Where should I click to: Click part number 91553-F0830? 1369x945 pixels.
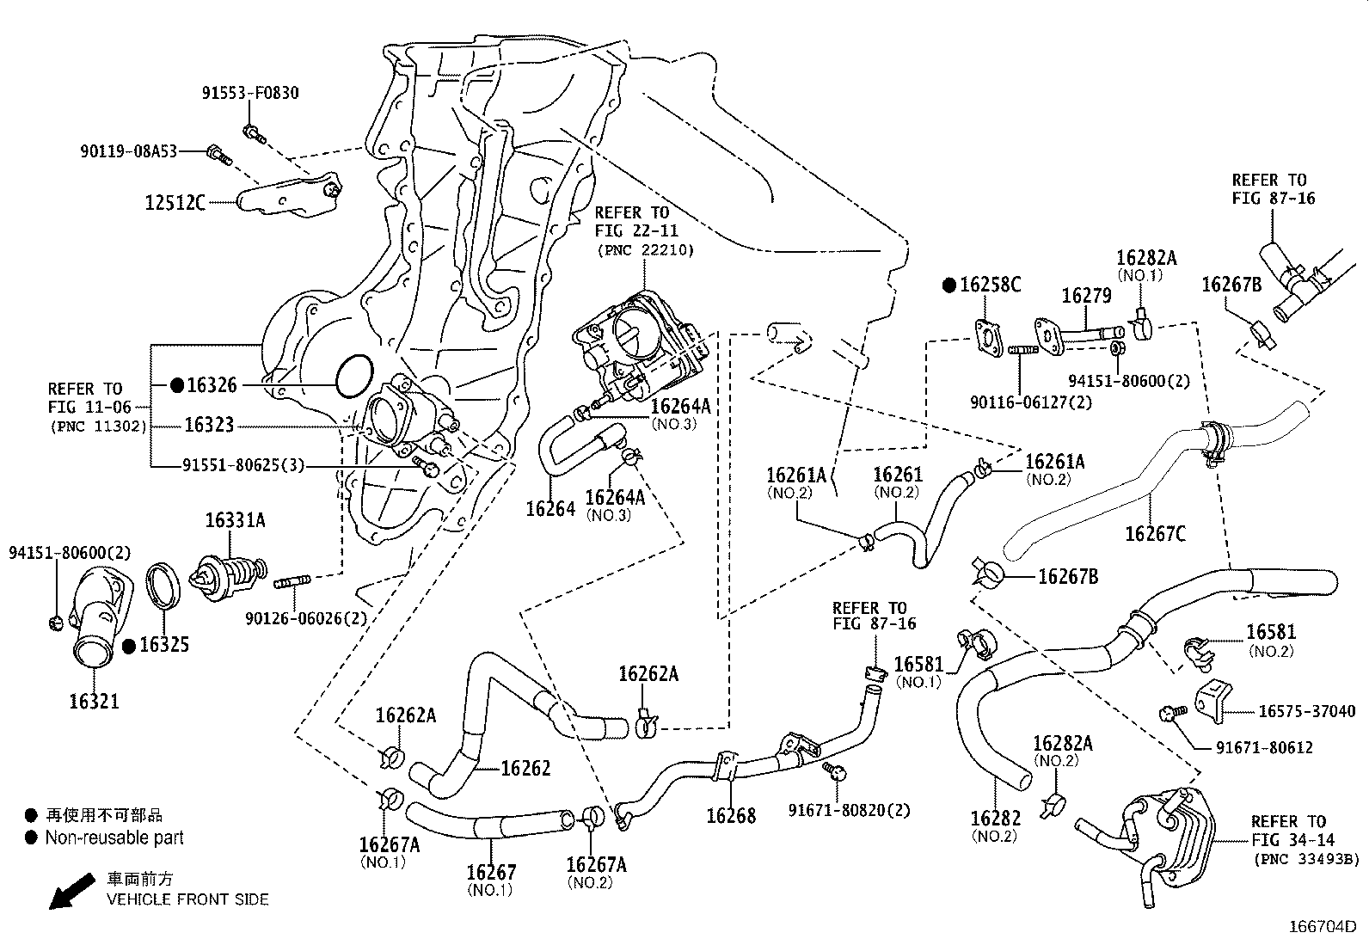[x=250, y=93]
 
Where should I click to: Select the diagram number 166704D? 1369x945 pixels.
[x=1322, y=928]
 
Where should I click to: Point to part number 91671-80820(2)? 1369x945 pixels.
[x=850, y=810]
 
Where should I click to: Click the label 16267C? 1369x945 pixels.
[x=1155, y=534]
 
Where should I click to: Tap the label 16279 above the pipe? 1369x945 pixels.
[x=1086, y=296]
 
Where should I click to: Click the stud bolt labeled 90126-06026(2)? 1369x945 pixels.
[x=292, y=585]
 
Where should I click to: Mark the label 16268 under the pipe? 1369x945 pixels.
[x=731, y=815]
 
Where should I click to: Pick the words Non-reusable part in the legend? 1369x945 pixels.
[x=114, y=838]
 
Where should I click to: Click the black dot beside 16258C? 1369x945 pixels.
[x=949, y=285]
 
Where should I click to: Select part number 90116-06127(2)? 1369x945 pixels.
[x=1020, y=402]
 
